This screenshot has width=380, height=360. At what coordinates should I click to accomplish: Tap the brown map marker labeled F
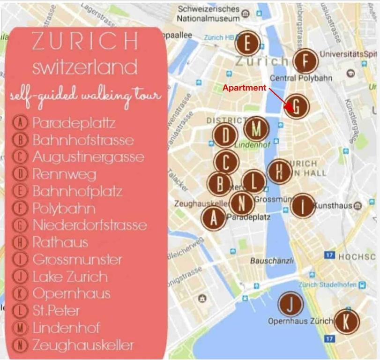tap(305, 61)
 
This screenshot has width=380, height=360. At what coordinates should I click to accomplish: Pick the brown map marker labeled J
tap(291, 305)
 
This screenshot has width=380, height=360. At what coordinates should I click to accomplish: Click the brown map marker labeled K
tap(346, 322)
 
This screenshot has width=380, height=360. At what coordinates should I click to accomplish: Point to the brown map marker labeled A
tap(214, 218)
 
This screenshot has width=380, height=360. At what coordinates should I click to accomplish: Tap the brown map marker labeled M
tap(256, 128)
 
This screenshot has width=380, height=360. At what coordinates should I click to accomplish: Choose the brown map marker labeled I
tap(303, 205)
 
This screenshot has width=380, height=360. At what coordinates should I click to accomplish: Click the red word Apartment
tap(244, 88)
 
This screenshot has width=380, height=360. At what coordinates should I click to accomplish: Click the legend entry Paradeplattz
tap(74, 123)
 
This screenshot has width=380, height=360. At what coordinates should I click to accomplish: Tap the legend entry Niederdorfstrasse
tap(89, 225)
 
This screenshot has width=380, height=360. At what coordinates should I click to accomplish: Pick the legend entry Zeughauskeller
tap(83, 345)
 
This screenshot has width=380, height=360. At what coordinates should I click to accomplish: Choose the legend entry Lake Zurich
tap(70, 277)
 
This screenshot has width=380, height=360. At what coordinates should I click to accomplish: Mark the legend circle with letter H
tap(20, 242)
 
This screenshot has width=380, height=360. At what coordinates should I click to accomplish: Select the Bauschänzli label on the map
tap(272, 261)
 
